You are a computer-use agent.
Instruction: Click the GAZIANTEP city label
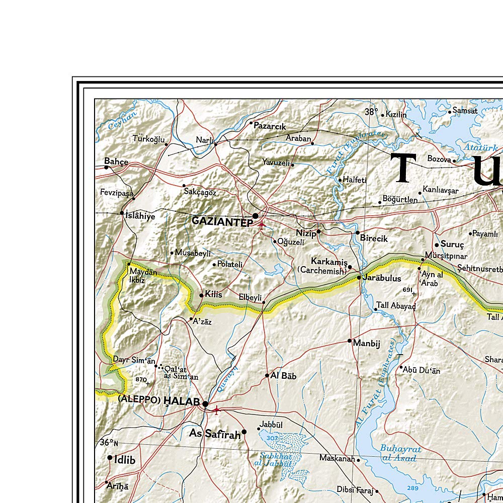(x=222, y=222)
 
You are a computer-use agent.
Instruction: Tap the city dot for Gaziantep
(x=256, y=216)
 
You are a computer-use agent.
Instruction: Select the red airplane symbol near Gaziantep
(x=261, y=225)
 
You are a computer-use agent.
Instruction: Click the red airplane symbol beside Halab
(x=217, y=410)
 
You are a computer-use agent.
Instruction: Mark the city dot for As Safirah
(x=244, y=432)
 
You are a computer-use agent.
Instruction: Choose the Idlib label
(x=125, y=459)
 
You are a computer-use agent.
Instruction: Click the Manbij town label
(x=367, y=344)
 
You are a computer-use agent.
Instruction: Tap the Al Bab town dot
(x=268, y=375)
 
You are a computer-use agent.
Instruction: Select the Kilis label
(x=214, y=294)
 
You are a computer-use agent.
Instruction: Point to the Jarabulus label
(x=383, y=278)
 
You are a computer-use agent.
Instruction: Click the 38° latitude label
(x=371, y=112)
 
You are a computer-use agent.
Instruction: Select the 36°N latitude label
(x=109, y=443)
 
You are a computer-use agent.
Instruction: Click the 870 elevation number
(x=141, y=379)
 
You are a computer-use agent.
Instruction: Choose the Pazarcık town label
(x=270, y=126)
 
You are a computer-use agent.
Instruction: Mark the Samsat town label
(x=465, y=110)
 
